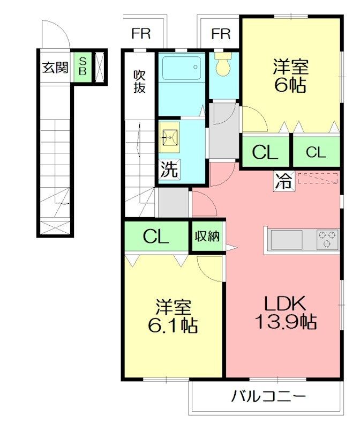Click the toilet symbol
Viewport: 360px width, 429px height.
tap(223, 63)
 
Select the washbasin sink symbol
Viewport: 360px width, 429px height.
tap(169, 137)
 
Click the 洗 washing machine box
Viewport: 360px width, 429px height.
tap(169, 169)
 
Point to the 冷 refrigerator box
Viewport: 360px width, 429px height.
tap(284, 181)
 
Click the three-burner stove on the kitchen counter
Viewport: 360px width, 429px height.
tap(327, 239)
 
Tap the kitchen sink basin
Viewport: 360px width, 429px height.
tap(287, 239)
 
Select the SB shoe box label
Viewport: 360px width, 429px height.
tap(82, 66)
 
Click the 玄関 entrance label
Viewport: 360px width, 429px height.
tap(55, 68)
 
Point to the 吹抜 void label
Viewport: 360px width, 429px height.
tap(139, 82)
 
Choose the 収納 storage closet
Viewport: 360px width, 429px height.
tap(207, 236)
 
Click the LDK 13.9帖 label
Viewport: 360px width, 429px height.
tap(286, 313)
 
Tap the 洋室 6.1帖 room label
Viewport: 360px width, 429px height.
tap(172, 316)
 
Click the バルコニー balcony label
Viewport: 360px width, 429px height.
tap(268, 396)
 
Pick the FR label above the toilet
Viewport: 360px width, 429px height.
tap(221, 34)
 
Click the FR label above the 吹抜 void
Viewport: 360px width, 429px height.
tap(141, 33)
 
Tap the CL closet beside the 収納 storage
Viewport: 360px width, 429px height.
tap(156, 236)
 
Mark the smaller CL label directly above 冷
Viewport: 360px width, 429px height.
tap(316, 152)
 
